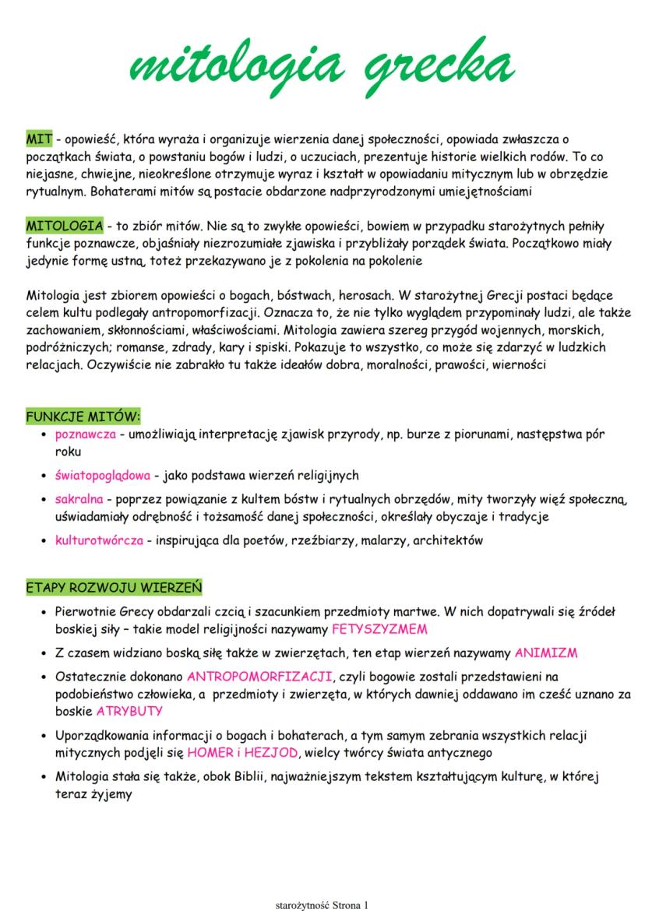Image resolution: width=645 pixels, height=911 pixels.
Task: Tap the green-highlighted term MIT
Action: tap(39, 139)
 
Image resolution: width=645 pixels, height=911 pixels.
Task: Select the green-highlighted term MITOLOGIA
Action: tap(65, 226)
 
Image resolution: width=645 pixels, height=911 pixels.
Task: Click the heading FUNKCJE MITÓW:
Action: tap(83, 417)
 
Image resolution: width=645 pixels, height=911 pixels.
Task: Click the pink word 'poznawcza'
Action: tap(86, 434)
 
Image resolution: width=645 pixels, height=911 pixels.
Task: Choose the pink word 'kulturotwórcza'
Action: tap(99, 540)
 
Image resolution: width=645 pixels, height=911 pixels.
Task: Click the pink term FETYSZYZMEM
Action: tap(379, 628)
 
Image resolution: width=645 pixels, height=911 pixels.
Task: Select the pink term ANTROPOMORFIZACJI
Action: tap(260, 676)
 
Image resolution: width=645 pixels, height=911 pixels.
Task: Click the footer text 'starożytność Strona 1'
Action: tap(322, 905)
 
